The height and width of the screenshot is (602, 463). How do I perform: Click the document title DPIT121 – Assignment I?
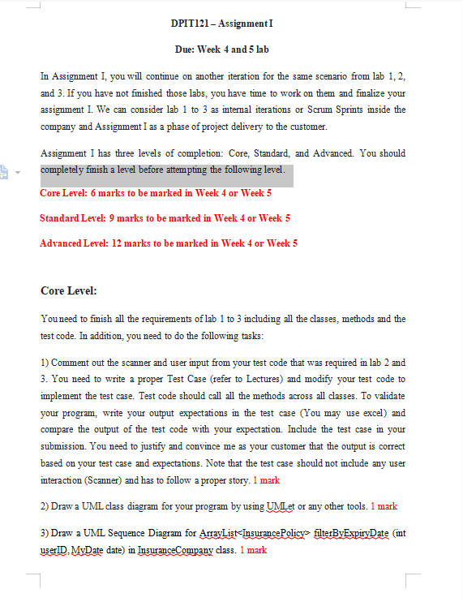coord(221,24)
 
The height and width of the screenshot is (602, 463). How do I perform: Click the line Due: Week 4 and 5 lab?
coord(221,49)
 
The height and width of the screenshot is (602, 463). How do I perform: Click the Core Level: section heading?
coord(68,290)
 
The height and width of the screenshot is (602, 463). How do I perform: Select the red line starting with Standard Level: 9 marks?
coord(165,218)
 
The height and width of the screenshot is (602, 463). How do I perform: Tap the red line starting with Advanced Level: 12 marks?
coord(169,243)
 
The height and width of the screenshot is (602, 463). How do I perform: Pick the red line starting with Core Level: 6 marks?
coord(156,193)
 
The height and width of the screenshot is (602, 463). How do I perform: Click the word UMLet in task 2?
coord(277,506)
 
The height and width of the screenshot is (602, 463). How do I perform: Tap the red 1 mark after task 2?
coord(384,506)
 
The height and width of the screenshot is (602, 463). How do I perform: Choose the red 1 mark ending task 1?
coord(266,480)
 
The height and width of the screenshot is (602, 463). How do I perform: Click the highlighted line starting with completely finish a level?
coord(162,170)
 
